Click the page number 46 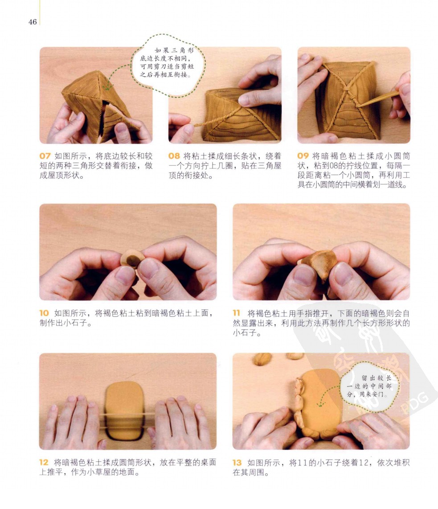click(33, 22)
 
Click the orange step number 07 click(45, 156)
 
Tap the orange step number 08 click(174, 156)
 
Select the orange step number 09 click(303, 156)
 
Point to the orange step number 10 click(44, 313)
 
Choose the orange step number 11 click(237, 313)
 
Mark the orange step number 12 click(44, 462)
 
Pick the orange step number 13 click(237, 462)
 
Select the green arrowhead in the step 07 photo click(107, 88)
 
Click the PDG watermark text click(414, 403)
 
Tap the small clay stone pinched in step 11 click(318, 263)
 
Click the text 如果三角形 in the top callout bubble click(174, 50)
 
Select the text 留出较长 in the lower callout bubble click(377, 378)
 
